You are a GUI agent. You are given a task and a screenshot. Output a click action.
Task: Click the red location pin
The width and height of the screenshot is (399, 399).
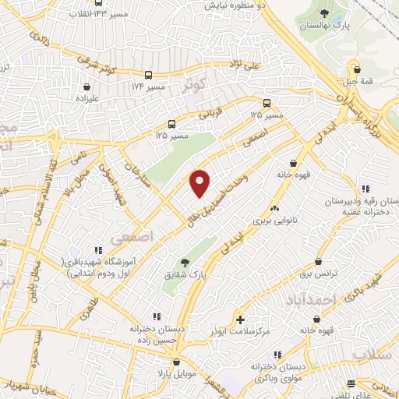[200, 183]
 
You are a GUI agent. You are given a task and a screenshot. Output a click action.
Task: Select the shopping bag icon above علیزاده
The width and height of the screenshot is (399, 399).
[85, 87]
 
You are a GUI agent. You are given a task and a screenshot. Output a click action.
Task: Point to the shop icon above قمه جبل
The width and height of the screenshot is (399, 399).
[355, 68]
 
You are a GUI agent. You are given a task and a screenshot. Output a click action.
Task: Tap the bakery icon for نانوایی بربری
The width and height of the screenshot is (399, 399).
[274, 208]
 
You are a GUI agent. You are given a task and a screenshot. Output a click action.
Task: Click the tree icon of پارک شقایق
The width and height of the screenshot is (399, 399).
[185, 263]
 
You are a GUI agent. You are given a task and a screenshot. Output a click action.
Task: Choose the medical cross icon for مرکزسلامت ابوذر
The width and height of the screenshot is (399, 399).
[240, 320]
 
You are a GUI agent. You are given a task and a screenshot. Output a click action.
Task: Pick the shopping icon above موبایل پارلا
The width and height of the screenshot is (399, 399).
[177, 362]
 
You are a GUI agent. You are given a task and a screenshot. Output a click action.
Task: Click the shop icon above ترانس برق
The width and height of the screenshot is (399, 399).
[318, 262]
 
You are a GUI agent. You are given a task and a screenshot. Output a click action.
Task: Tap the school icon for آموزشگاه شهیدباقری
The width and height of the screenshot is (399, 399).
[98, 251]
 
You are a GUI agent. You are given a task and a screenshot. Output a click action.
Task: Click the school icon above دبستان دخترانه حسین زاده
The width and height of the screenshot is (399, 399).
[157, 316]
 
